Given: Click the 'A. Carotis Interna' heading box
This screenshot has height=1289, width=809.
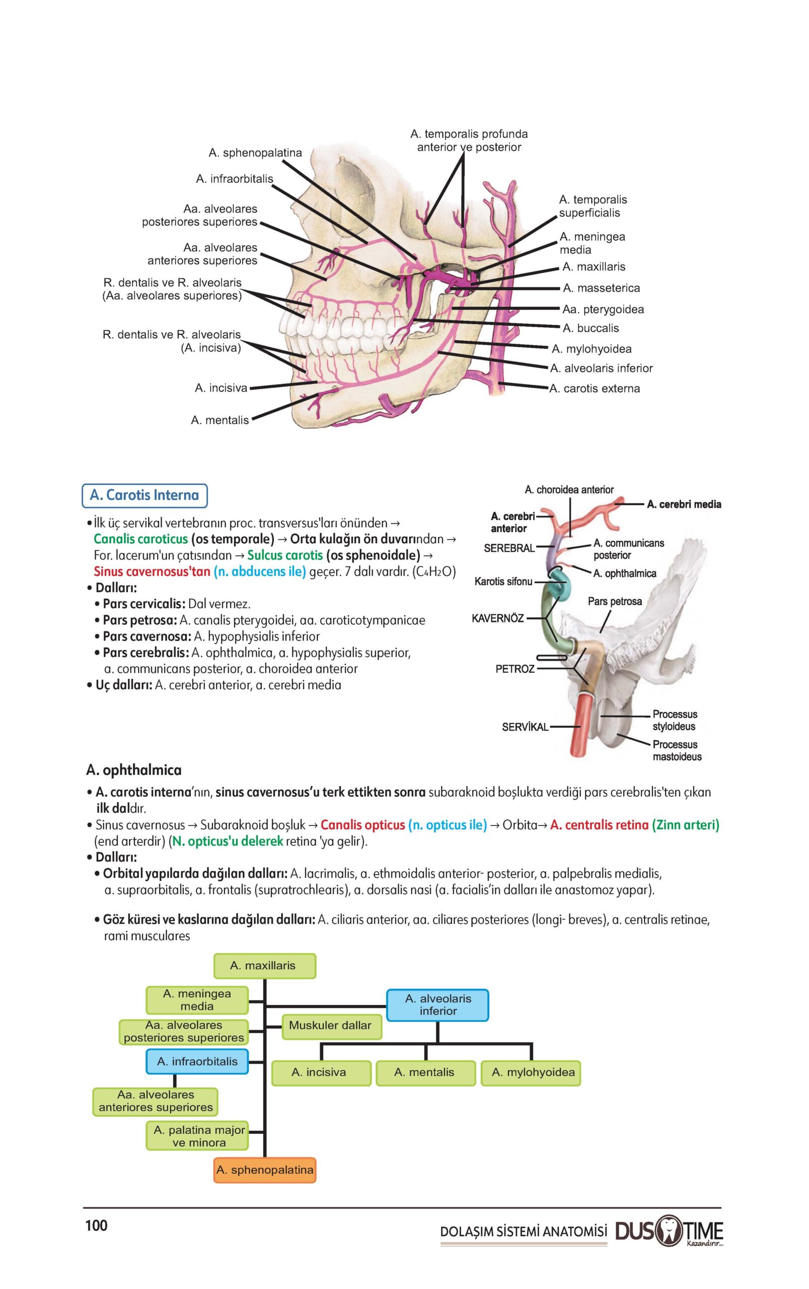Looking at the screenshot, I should [144, 495].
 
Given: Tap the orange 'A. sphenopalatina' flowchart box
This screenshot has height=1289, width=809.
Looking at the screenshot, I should [264, 1170].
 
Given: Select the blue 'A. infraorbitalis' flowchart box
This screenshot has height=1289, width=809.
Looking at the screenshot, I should [197, 1061].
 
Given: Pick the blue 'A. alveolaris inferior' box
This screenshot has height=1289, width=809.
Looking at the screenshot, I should [437, 1005].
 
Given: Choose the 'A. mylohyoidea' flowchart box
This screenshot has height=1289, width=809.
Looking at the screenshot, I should [533, 1072].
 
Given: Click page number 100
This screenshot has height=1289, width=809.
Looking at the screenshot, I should [96, 1226].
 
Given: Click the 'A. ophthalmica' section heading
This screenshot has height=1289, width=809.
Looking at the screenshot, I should [134, 770].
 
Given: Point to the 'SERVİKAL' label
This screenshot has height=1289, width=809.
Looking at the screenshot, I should [525, 727].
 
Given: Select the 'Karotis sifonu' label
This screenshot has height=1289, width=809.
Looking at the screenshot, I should [503, 581].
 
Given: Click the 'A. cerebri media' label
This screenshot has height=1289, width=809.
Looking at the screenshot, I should [683, 504].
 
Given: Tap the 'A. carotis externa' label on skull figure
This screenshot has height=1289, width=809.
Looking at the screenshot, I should [595, 389].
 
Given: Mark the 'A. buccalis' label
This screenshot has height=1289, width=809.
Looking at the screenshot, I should [590, 328].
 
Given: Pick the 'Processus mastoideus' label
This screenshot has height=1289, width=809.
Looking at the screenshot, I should [676, 750].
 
